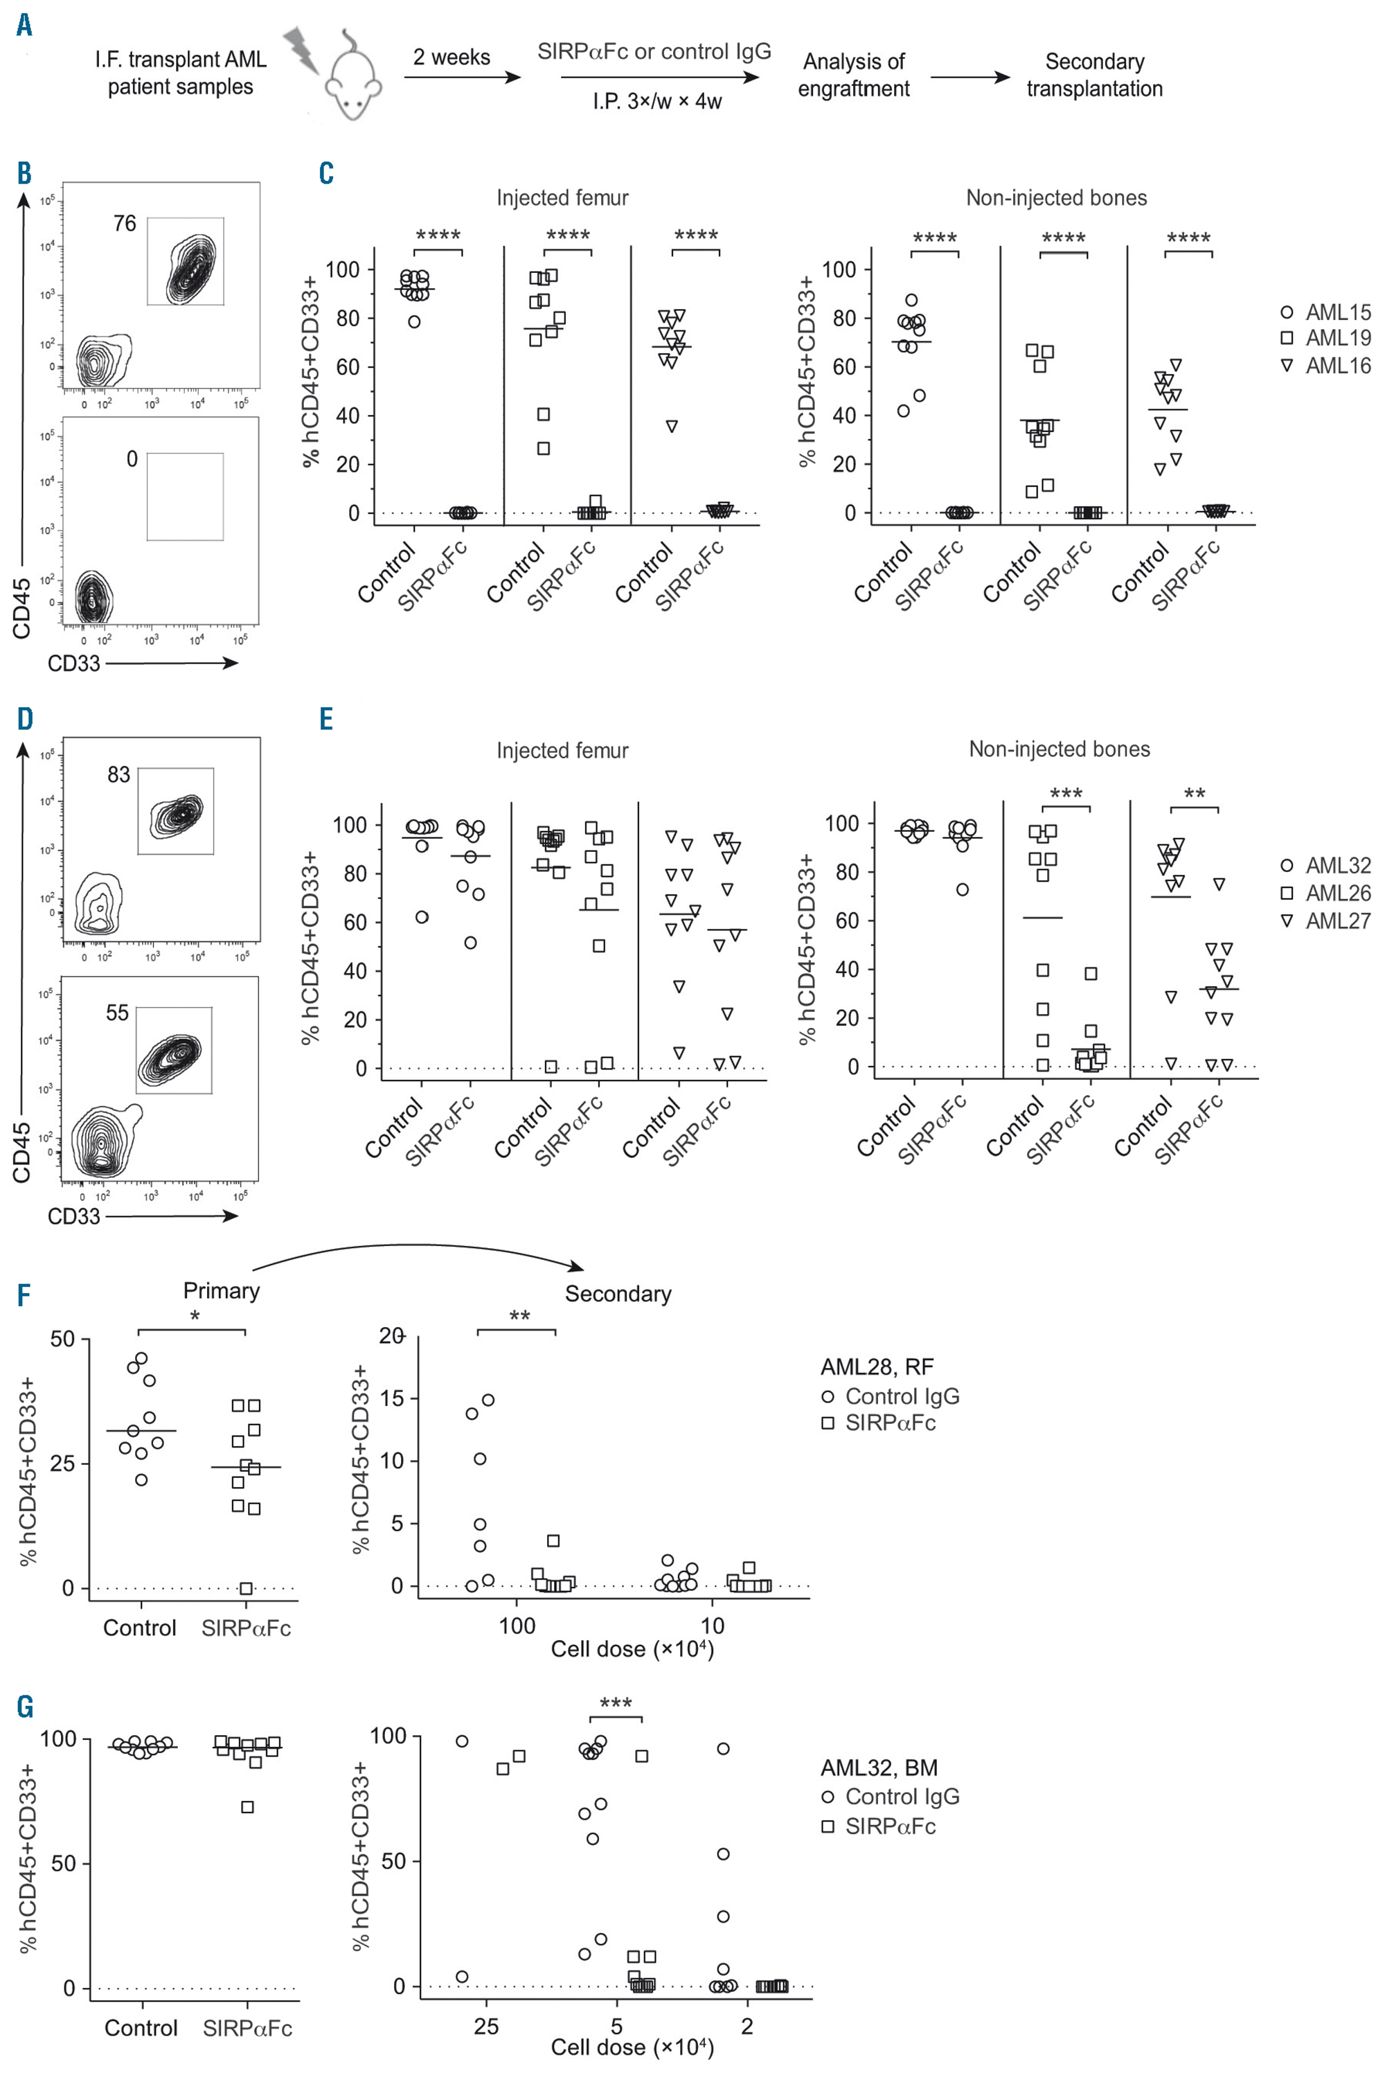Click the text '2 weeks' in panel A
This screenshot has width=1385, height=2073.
(452, 57)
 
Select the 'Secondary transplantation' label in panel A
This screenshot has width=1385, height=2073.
(1094, 75)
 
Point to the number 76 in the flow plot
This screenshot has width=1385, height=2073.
(125, 224)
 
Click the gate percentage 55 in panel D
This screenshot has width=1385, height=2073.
(118, 1013)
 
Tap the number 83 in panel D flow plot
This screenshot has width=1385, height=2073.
(118, 774)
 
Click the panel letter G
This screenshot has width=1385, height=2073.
(25, 1707)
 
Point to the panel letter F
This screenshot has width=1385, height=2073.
(23, 1296)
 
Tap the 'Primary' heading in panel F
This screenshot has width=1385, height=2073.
(221, 1290)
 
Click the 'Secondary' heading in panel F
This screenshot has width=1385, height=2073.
(618, 1294)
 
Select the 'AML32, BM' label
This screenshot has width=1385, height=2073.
(879, 1768)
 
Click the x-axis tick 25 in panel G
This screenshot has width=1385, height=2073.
(487, 2026)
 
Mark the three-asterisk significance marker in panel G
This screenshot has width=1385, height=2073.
(616, 1703)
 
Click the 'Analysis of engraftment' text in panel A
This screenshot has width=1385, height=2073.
(853, 75)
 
